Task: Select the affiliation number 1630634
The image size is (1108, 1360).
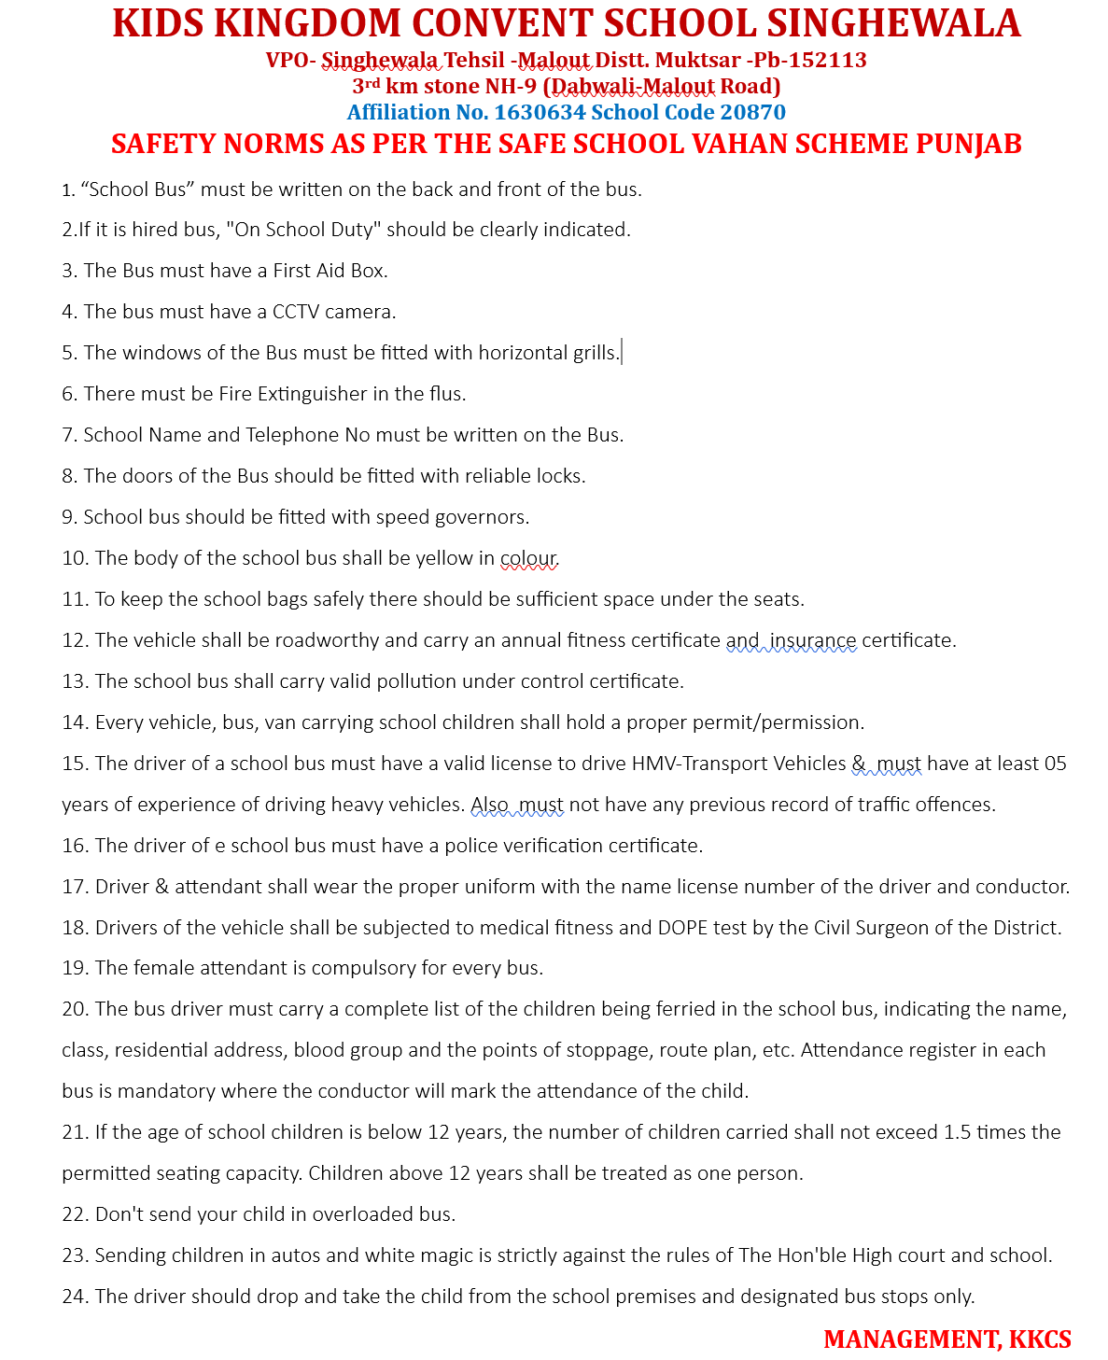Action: pos(540,112)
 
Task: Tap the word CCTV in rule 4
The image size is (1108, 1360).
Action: pos(296,312)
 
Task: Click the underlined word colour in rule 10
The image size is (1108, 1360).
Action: pos(528,558)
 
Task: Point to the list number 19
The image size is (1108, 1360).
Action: pos(74,968)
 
